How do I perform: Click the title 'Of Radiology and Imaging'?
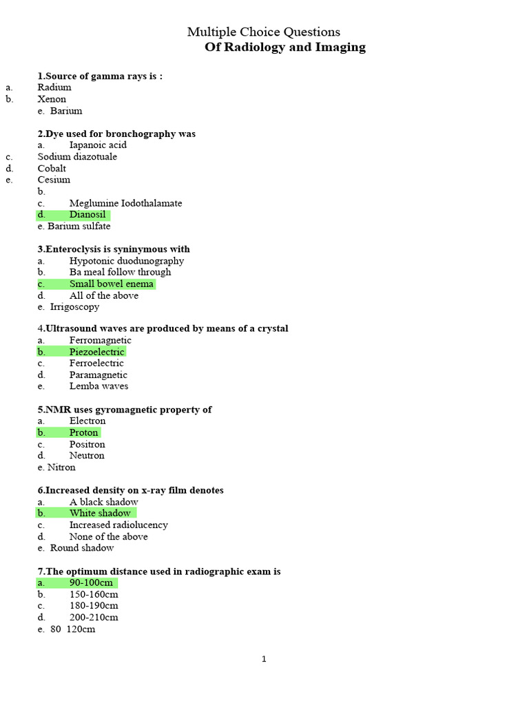point(285,48)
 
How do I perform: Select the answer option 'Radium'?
point(54,87)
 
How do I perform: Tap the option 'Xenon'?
point(52,99)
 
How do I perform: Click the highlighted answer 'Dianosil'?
point(87,215)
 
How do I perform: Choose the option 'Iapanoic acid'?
point(98,145)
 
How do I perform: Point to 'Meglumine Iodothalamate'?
point(126,203)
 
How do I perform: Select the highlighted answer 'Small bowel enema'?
point(112,284)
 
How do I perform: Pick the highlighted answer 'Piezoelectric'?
point(97,352)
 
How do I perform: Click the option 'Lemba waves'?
point(98,386)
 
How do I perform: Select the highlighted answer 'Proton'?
point(84,432)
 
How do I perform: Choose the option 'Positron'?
point(87,444)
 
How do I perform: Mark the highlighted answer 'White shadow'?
point(100,513)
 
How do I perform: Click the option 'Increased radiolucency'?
point(118,525)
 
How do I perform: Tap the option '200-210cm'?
point(94,618)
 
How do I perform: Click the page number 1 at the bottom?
point(264,659)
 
